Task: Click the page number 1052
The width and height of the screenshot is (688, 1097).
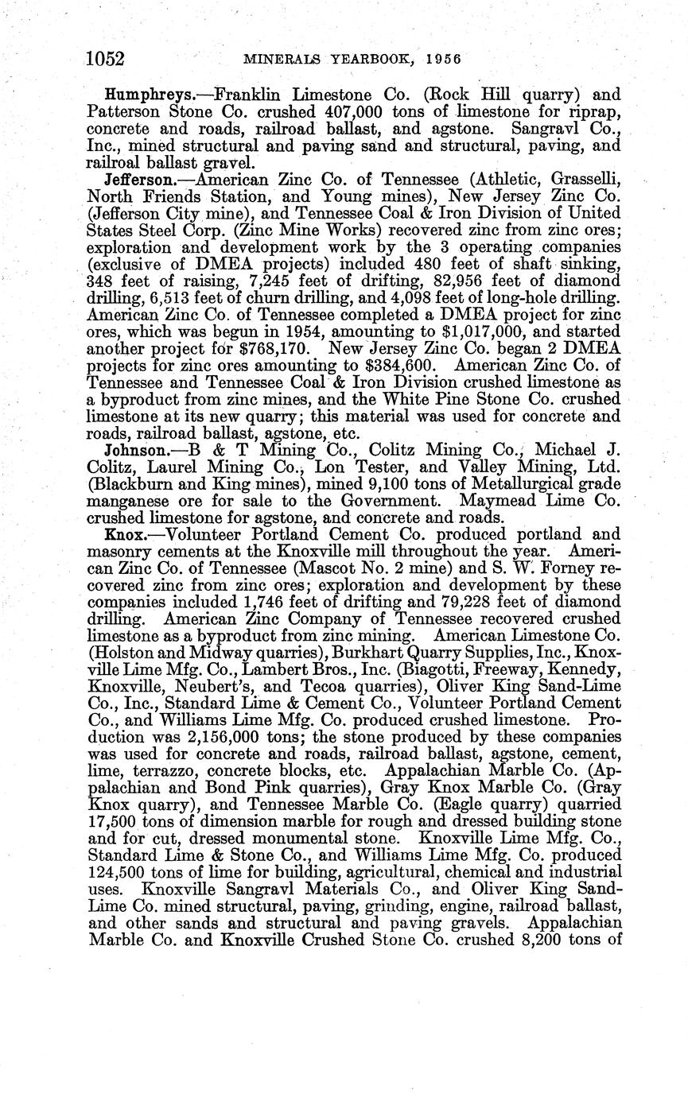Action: pos(107,59)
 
